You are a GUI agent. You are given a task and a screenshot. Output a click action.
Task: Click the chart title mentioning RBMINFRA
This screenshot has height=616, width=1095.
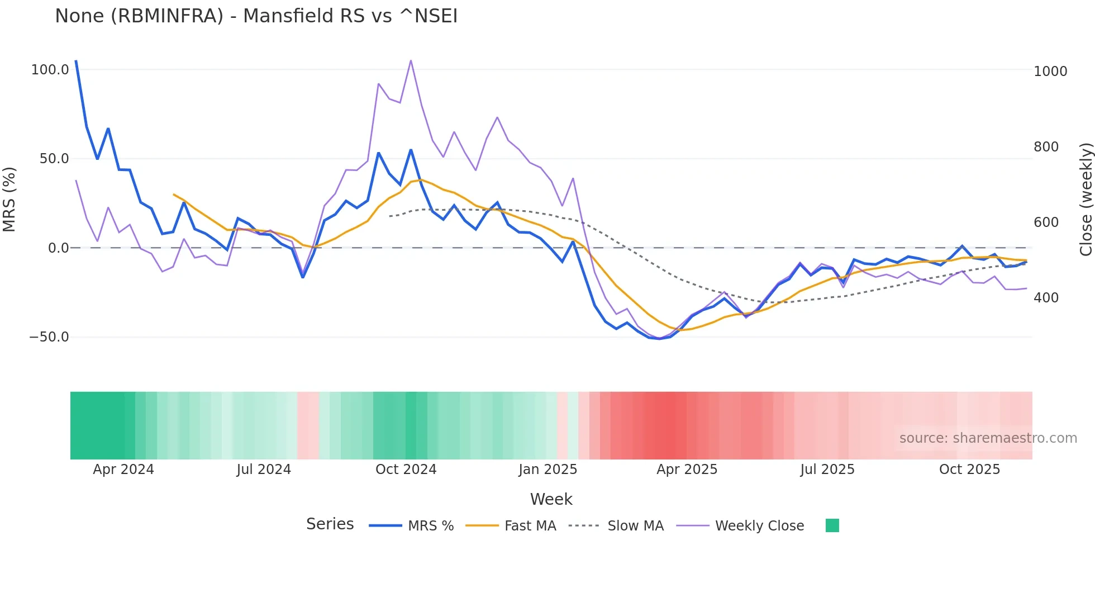point(256,16)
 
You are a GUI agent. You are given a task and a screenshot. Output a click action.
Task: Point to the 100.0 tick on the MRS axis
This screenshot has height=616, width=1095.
point(50,70)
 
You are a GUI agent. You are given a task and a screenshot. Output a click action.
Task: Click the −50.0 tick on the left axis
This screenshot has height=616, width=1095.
point(49,337)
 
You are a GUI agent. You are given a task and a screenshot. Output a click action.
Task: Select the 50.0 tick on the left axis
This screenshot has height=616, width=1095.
point(54,159)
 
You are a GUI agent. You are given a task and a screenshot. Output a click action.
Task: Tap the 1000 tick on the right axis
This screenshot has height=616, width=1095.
point(1050,72)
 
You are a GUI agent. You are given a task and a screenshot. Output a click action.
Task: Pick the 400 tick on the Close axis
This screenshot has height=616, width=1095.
point(1046,298)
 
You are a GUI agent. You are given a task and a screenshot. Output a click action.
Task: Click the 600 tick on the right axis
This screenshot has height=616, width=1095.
point(1046,222)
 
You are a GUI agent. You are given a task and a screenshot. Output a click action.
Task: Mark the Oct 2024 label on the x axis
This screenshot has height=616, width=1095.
point(406,470)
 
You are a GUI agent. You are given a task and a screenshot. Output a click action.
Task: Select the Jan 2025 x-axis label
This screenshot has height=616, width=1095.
point(547,470)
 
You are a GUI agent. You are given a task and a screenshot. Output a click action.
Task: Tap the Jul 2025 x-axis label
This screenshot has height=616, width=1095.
point(827,470)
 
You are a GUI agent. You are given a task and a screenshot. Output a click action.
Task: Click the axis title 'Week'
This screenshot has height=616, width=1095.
point(551,499)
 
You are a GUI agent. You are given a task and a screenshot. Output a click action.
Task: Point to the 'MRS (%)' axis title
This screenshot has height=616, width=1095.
point(9,200)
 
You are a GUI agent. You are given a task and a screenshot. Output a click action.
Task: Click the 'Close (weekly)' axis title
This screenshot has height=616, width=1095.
point(1086,200)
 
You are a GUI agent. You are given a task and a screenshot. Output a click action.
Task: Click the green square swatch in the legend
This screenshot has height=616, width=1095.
point(832,525)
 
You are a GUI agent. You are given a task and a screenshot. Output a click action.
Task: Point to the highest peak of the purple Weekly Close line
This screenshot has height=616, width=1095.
point(411,60)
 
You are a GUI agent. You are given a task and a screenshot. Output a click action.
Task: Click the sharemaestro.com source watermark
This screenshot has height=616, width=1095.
point(988,438)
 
